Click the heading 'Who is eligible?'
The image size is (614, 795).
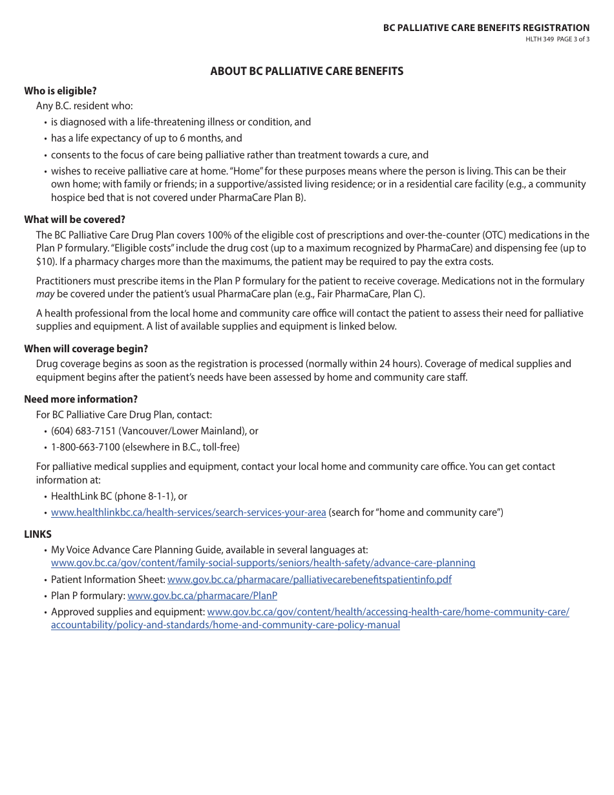60,90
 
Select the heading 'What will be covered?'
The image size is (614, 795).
74,219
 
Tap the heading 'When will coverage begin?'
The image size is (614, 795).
86,348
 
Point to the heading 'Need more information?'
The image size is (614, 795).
81,399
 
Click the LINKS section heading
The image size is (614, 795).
37,534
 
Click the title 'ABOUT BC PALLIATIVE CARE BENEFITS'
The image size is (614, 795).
306,71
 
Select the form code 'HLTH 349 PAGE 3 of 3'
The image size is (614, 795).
556,39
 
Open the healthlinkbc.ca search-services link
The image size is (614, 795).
188,513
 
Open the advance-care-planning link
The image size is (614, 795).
262,563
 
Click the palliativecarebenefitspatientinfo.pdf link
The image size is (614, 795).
309,580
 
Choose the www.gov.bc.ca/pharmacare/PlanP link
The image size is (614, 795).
202,596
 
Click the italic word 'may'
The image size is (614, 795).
45,295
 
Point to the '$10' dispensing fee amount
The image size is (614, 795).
43,261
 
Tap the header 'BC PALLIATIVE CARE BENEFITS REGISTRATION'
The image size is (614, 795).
486,28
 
